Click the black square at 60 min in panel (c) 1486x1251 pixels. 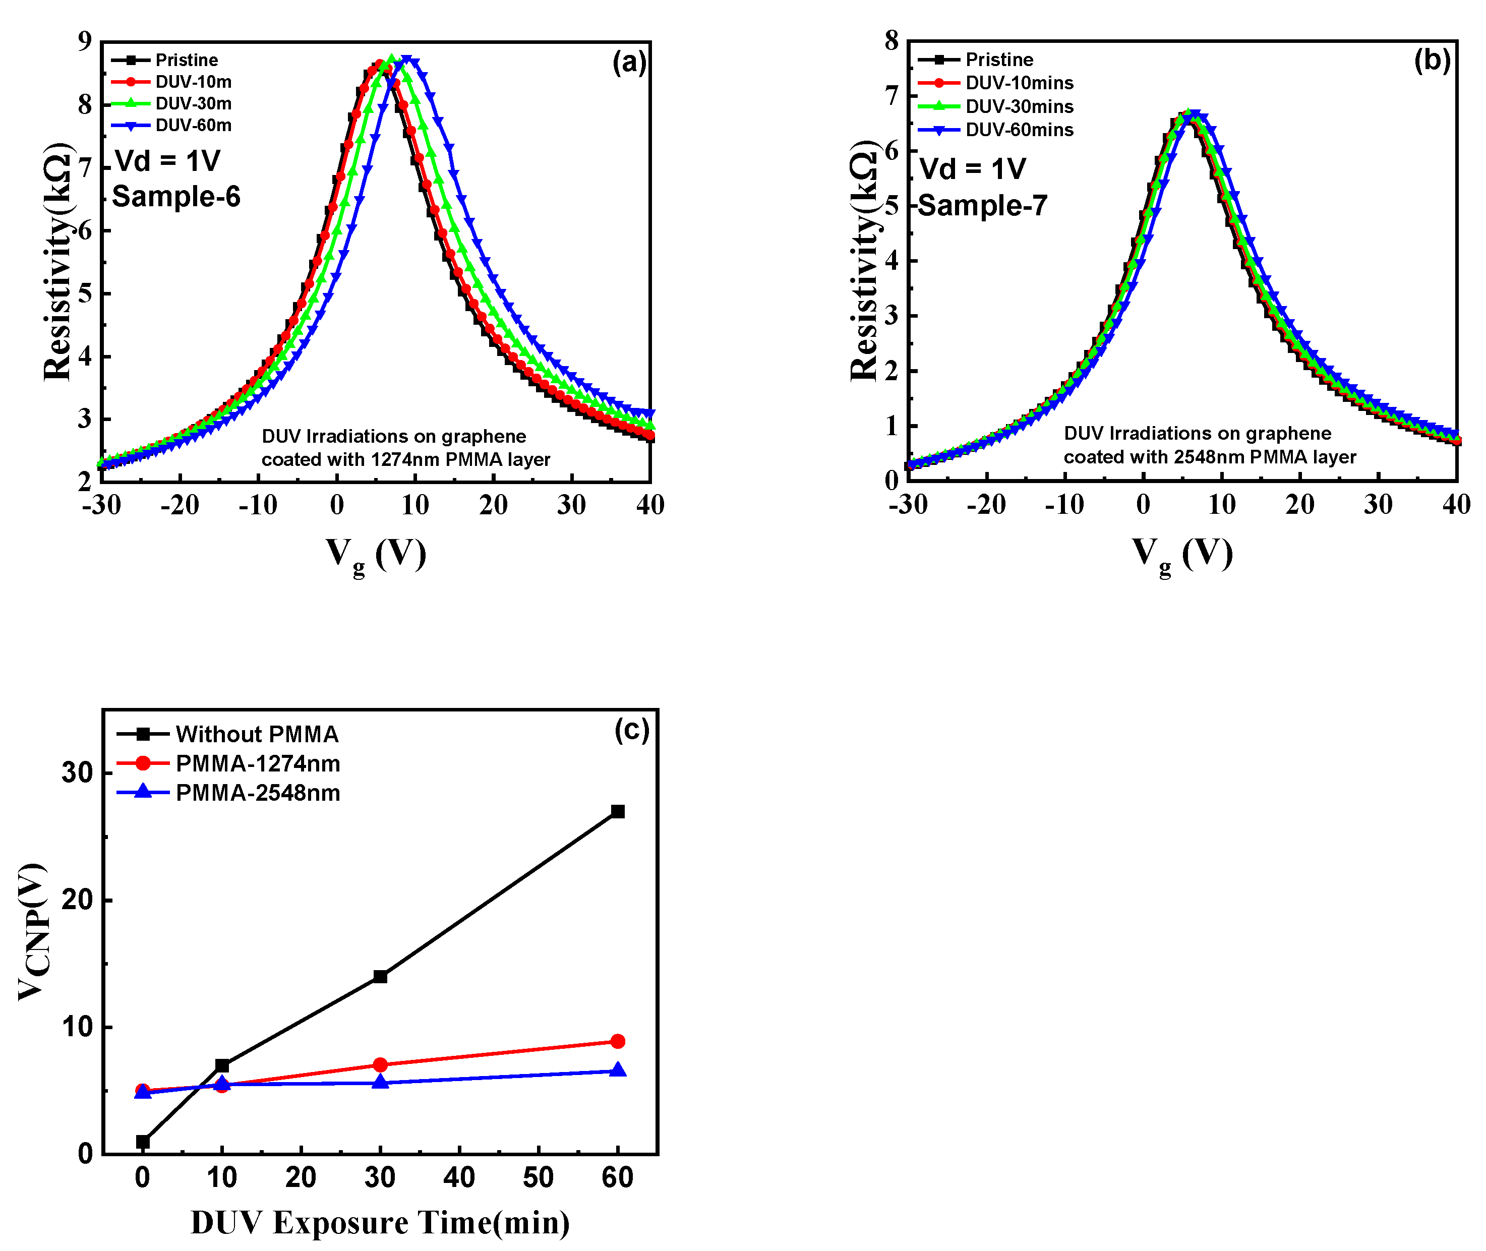(618, 811)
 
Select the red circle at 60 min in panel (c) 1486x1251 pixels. (618, 1041)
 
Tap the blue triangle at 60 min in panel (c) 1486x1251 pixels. (618, 1069)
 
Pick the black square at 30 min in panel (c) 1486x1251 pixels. (380, 977)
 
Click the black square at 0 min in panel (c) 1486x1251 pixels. (143, 1142)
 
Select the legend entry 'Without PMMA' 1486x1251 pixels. (257, 734)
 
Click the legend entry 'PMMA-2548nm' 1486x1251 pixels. (258, 793)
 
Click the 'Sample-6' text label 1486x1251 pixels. (176, 197)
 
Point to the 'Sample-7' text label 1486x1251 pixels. (982, 206)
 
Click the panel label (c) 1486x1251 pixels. (631, 730)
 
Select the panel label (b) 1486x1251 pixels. (1432, 61)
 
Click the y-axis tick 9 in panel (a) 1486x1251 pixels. (85, 42)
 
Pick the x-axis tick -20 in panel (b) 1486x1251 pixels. (985, 505)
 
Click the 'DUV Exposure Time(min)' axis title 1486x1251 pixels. (380, 1223)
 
